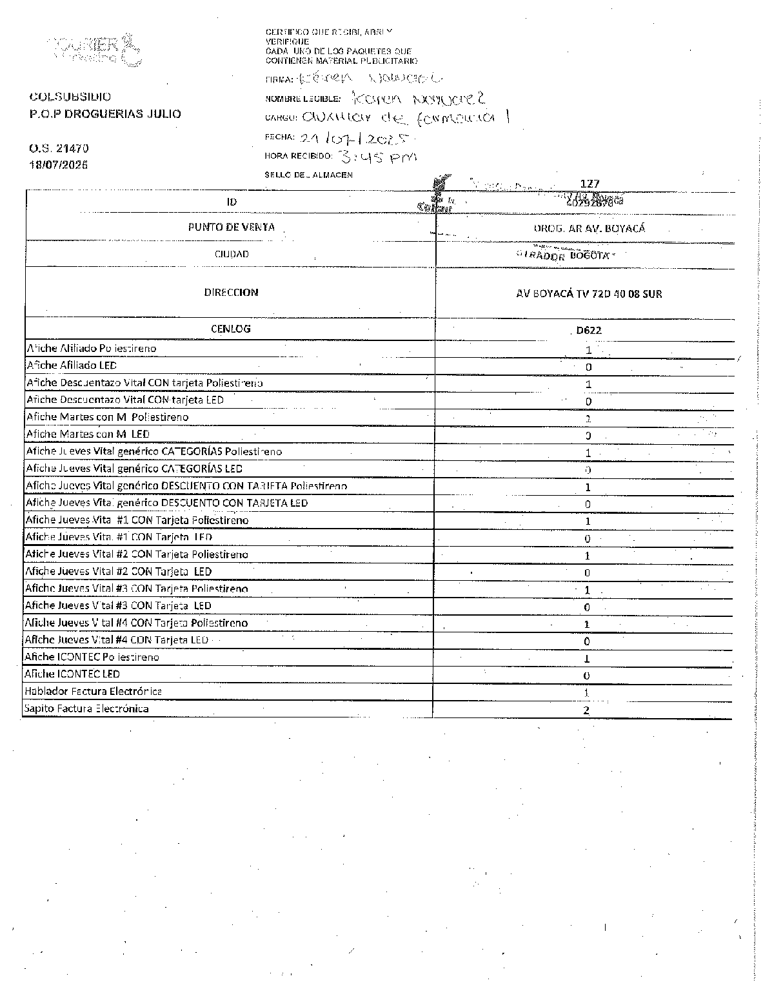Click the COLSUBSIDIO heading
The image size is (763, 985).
[70, 97]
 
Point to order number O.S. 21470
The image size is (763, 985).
[59, 149]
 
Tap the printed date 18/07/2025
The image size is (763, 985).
[59, 164]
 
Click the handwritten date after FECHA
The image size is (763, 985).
[355, 137]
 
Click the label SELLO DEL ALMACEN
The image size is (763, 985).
[308, 175]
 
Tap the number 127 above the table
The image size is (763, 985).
[590, 184]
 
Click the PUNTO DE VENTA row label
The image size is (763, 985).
[231, 227]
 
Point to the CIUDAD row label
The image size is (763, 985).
[231, 255]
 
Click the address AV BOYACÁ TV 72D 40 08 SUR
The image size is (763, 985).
[589, 294]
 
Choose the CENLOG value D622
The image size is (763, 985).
[589, 331]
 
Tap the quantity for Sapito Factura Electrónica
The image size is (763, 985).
[586, 710]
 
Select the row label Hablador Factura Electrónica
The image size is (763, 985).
[93, 691]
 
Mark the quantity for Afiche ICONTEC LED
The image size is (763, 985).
[586, 676]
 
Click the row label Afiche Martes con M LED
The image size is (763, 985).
[88, 434]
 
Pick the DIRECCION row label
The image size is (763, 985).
[231, 293]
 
